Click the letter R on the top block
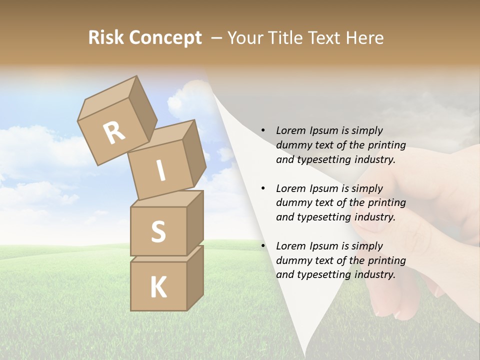pyautogui.click(x=114, y=133)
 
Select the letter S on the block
pyautogui.click(x=158, y=231)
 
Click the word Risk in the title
pyautogui.click(x=106, y=38)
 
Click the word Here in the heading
pyautogui.click(x=364, y=38)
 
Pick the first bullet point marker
pyautogui.click(x=263, y=131)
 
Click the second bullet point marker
pyautogui.click(x=263, y=188)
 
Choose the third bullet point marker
pyautogui.click(x=263, y=246)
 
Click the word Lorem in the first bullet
pyautogui.click(x=290, y=130)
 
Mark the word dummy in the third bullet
pyautogui.click(x=293, y=260)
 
